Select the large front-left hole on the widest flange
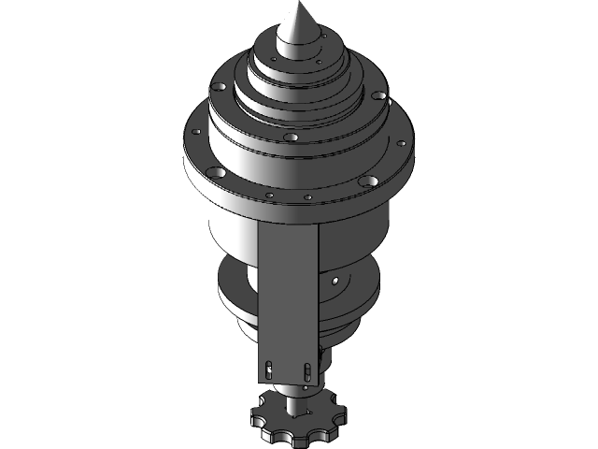[216, 173]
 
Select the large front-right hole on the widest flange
[370, 181]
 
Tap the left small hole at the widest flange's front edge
[269, 196]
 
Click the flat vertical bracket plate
[288, 281]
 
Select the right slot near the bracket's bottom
[306, 370]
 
